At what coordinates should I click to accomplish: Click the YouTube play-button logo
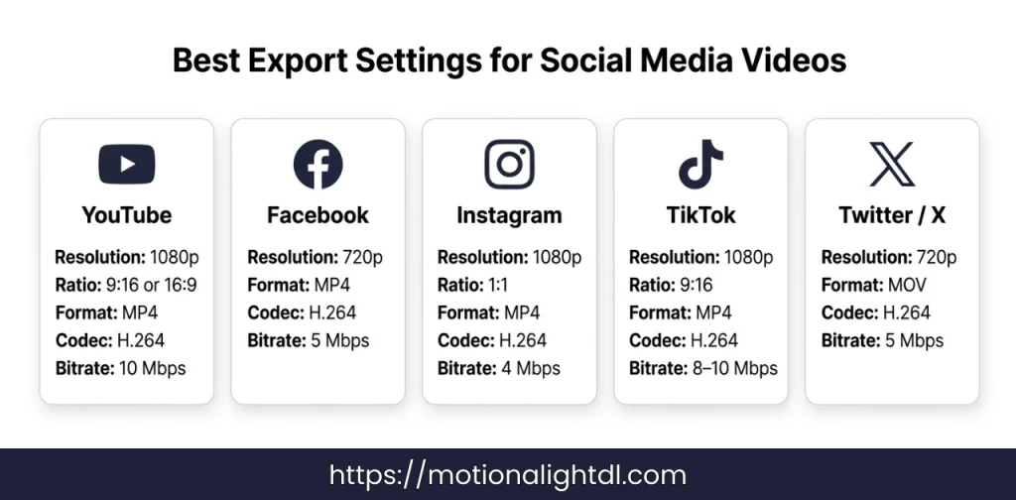(x=126, y=164)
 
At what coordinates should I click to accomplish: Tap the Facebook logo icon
(x=317, y=164)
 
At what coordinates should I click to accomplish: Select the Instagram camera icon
(x=509, y=164)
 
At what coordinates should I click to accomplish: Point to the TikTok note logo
(x=700, y=164)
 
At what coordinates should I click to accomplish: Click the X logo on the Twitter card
(x=892, y=164)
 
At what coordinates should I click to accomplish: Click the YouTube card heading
(x=126, y=215)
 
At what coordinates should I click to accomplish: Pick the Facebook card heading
(x=317, y=215)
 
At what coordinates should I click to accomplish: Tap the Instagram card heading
(x=509, y=215)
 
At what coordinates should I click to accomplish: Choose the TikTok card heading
(x=700, y=215)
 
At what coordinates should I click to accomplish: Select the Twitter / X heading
(x=892, y=215)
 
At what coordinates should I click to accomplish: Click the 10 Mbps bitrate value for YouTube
(x=153, y=368)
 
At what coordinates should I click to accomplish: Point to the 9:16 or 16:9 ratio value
(x=151, y=285)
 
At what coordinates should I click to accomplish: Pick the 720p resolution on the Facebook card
(x=362, y=257)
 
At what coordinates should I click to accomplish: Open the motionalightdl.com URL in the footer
(x=507, y=475)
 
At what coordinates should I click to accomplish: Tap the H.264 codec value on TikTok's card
(x=713, y=340)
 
